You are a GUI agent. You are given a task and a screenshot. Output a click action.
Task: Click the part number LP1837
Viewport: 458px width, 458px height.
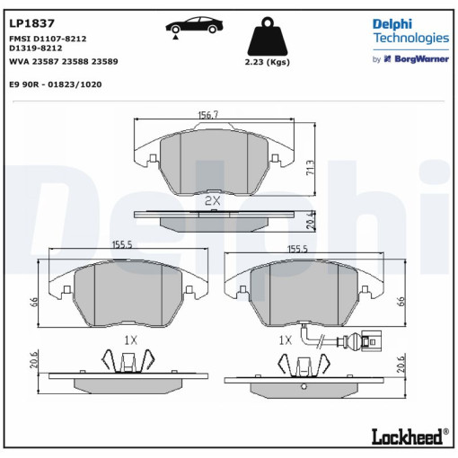pyautogui.click(x=31, y=23)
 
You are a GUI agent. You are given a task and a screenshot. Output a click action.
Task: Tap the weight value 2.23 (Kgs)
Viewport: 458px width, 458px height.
pyautogui.click(x=268, y=62)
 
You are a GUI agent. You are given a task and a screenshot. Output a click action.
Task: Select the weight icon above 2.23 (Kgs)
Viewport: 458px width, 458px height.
pyautogui.click(x=268, y=36)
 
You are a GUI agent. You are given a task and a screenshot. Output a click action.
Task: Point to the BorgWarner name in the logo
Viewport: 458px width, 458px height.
pyautogui.click(x=422, y=59)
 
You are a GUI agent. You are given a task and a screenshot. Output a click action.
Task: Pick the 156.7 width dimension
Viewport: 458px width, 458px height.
pyautogui.click(x=208, y=115)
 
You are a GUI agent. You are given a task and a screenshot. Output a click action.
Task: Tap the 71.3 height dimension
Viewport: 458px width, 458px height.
pyautogui.click(x=311, y=168)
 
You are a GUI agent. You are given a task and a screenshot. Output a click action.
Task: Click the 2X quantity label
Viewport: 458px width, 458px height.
pyautogui.click(x=213, y=200)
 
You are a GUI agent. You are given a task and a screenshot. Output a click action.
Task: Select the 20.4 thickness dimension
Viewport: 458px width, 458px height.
pyautogui.click(x=312, y=221)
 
